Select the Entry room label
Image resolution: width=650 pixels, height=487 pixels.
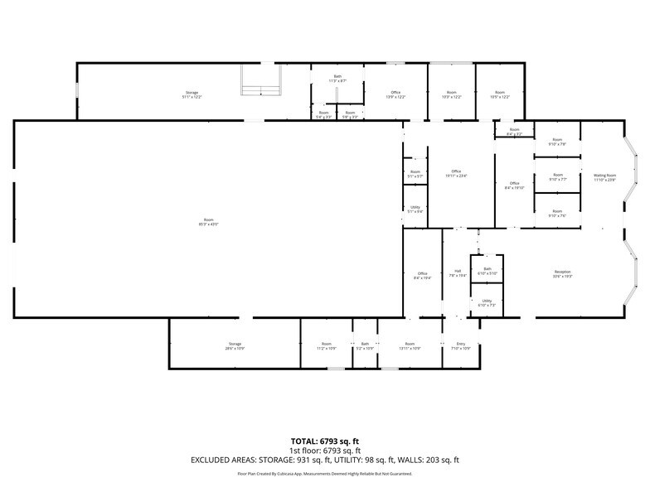point(462,345)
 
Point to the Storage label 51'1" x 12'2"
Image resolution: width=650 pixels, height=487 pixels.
point(192,94)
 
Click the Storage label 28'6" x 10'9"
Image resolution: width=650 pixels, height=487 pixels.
point(235,345)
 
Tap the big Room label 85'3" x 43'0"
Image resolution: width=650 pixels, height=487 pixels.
point(206,221)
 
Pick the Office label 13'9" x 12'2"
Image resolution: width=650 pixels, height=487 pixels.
point(395,94)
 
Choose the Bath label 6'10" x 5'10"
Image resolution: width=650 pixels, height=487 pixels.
point(487,270)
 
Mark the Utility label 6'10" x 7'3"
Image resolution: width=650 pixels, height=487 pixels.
point(487,302)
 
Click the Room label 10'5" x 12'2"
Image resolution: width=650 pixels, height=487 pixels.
point(499,94)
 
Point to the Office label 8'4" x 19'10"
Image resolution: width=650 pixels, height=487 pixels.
point(514,186)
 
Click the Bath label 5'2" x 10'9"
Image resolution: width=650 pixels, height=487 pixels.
point(365,345)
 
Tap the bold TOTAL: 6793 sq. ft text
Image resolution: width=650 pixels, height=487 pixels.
point(325,441)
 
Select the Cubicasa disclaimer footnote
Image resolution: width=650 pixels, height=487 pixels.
point(325,474)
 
